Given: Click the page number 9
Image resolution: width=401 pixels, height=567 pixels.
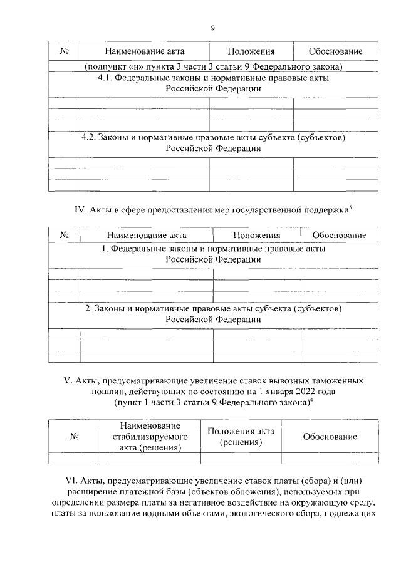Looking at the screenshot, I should (212, 28).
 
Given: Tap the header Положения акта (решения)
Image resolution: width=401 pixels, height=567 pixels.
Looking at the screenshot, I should (240, 437).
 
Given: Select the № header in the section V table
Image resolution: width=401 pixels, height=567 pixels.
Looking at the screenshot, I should (74, 437).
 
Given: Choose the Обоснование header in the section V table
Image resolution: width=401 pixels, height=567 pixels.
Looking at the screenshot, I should (330, 437).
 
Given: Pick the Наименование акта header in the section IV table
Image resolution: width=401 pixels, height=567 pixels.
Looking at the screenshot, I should (146, 235).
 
